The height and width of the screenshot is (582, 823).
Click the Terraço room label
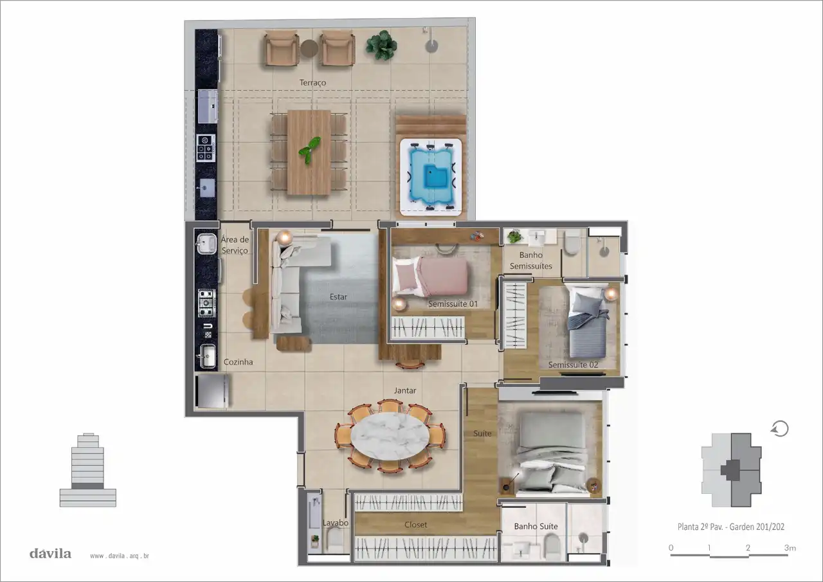(312, 83)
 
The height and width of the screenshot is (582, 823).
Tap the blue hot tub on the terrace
(431, 177)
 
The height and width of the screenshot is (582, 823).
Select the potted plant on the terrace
(381, 46)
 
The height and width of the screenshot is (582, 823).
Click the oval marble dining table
(390, 437)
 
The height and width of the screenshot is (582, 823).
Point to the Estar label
(338, 297)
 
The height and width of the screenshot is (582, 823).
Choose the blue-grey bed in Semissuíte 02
(587, 321)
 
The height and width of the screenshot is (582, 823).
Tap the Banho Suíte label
(536, 527)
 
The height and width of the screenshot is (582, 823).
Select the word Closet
(415, 525)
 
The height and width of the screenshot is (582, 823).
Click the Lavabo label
(336, 523)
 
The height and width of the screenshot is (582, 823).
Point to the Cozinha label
(238, 362)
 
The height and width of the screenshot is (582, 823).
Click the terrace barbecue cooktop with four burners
(206, 148)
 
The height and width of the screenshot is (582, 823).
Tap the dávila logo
(50, 554)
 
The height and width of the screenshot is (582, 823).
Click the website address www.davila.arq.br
(120, 556)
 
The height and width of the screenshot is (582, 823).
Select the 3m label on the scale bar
(790, 548)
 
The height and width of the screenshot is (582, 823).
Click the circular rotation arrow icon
(780, 429)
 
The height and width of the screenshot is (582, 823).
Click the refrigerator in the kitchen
(212, 391)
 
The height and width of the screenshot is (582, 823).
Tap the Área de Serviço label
(235, 245)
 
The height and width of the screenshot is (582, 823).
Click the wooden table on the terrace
(309, 152)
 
